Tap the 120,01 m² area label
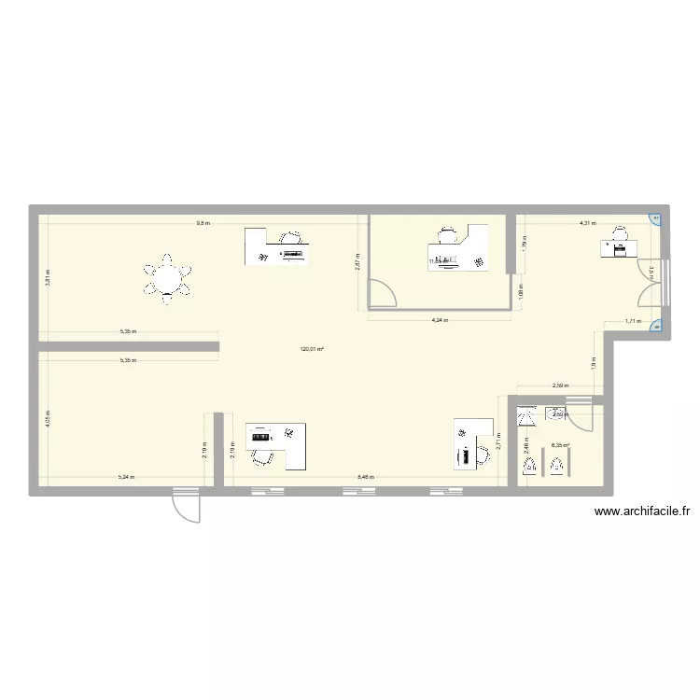coord(311,350)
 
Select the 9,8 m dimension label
coord(203,224)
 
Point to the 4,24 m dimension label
coord(440,320)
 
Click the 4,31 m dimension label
coord(587,224)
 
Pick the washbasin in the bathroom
coord(557,413)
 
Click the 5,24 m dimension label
coord(125,477)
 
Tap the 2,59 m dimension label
coord(560,385)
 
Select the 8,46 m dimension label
coord(365,477)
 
